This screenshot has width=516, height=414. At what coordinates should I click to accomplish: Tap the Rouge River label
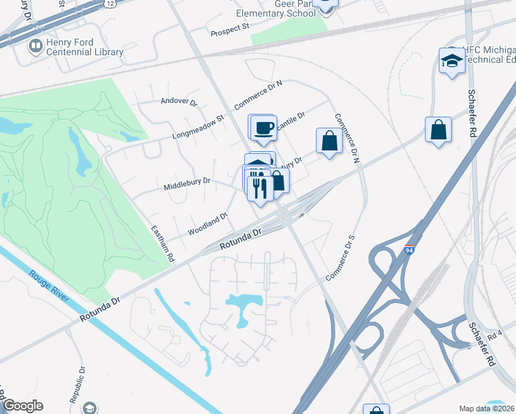(x=49, y=284)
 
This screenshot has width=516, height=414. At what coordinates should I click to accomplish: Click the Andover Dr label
(x=179, y=101)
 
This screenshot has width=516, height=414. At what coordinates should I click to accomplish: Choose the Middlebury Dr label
(x=187, y=184)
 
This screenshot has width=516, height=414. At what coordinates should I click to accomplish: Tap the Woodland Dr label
(x=208, y=224)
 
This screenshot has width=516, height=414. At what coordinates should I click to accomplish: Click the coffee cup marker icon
(x=264, y=127)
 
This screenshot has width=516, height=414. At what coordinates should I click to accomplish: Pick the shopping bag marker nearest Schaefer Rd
(x=438, y=129)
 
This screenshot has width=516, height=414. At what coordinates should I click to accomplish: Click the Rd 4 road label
(x=494, y=337)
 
